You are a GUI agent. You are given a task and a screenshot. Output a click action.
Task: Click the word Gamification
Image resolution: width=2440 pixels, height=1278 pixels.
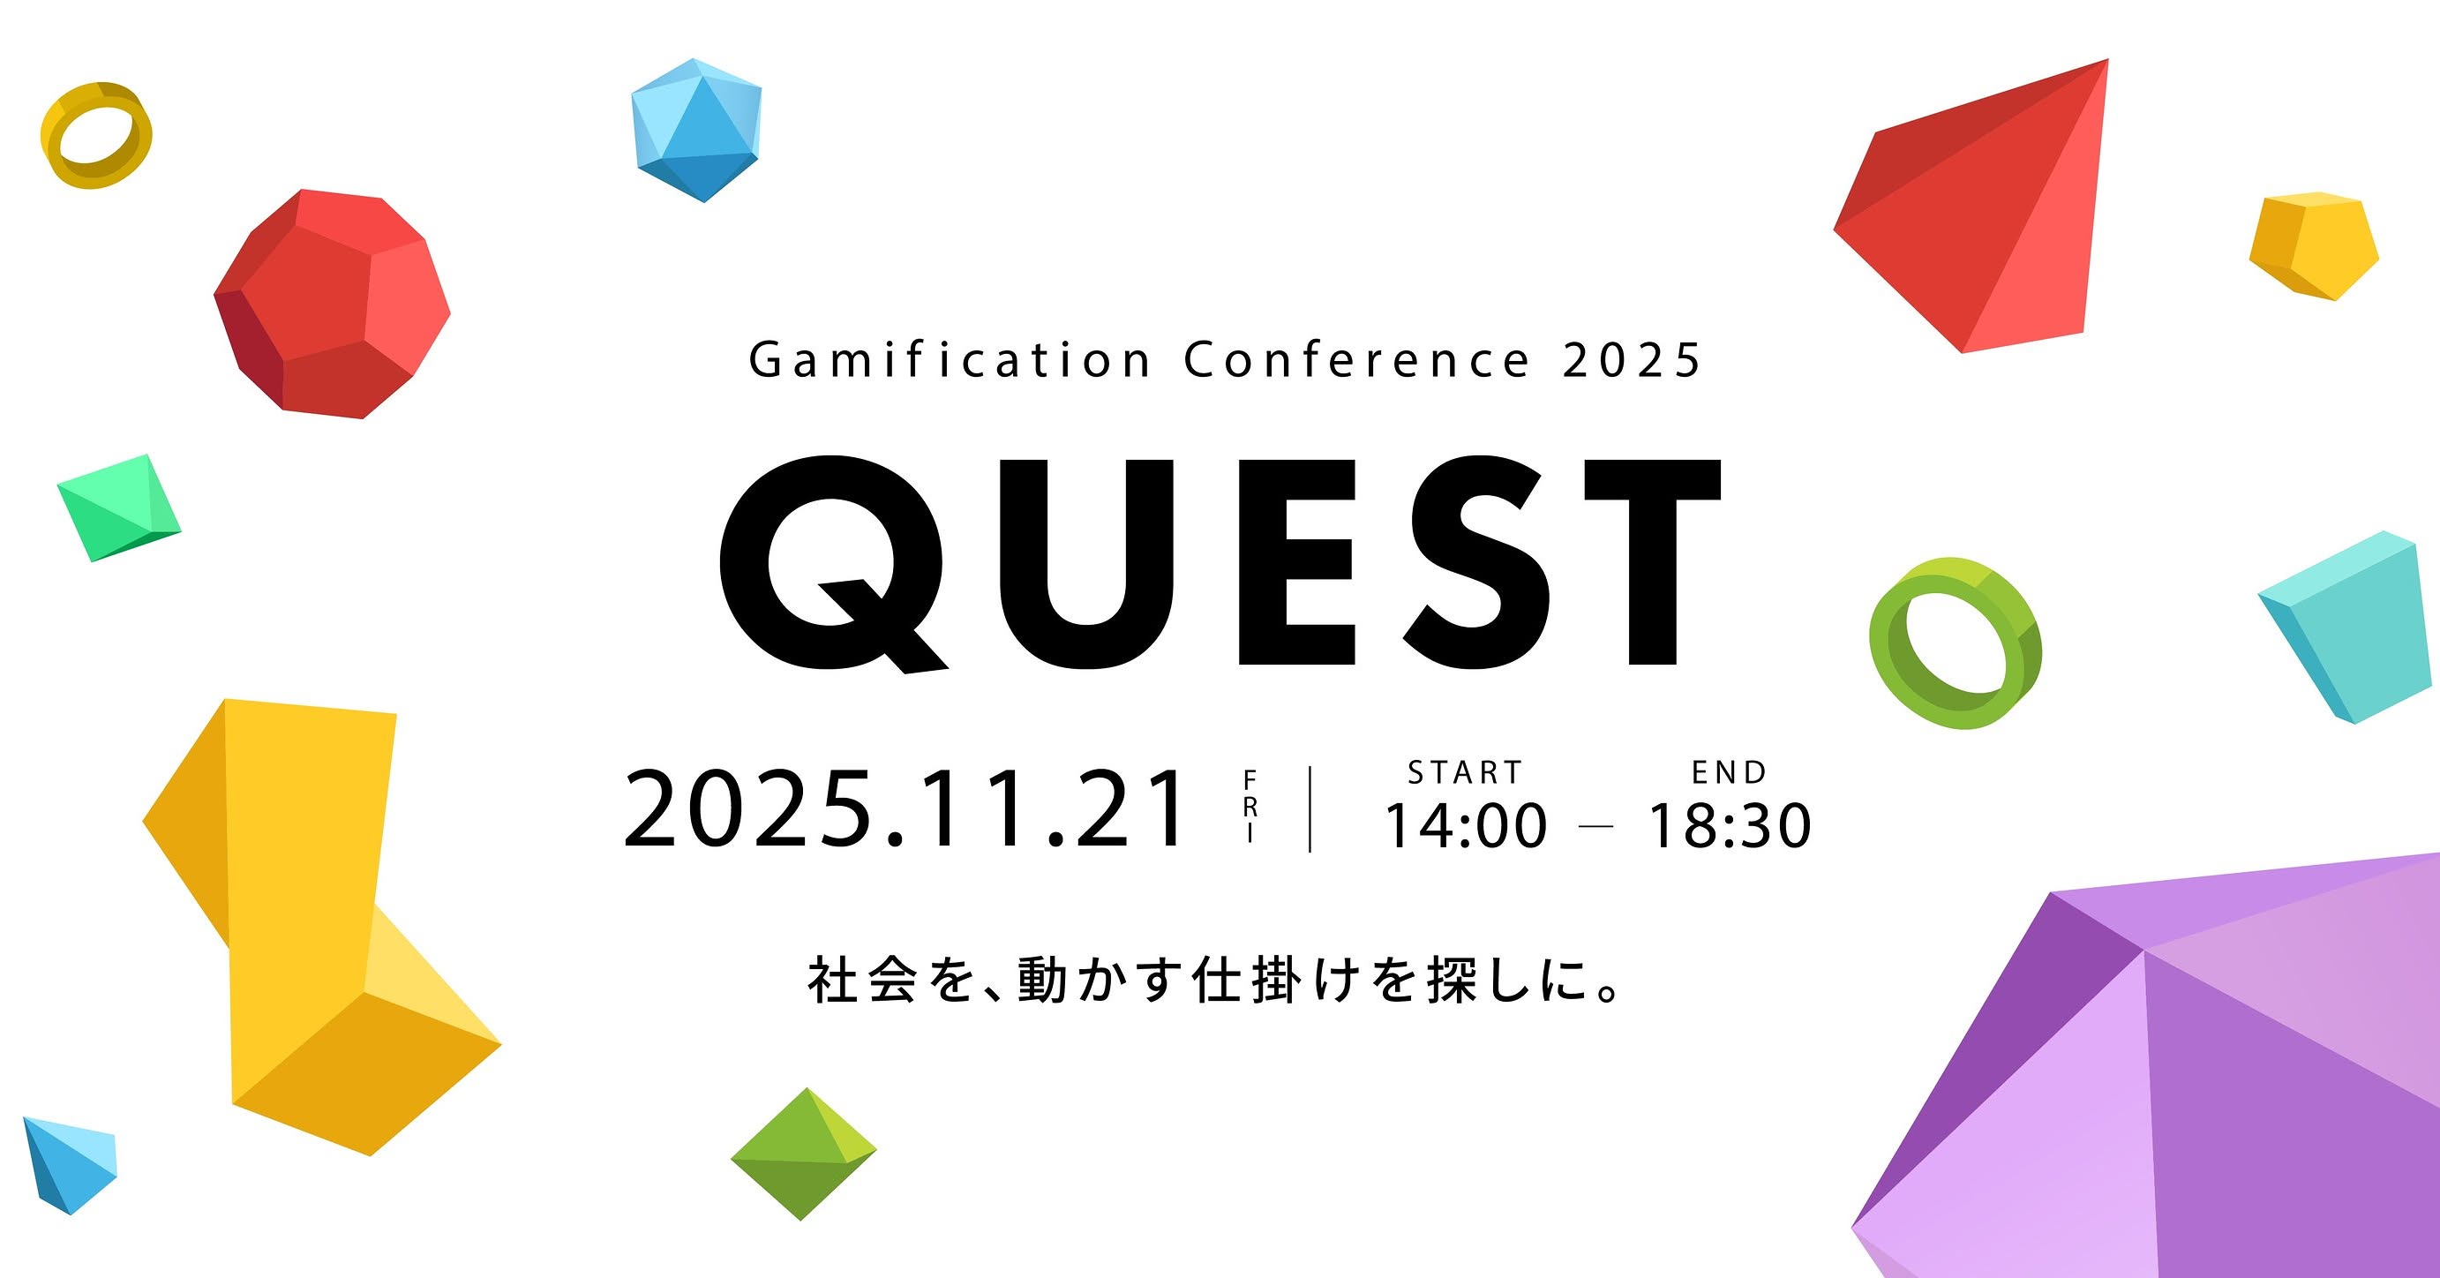coord(950,360)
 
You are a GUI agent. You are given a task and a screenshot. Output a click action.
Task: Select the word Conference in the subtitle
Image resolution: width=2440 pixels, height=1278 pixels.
coord(1356,360)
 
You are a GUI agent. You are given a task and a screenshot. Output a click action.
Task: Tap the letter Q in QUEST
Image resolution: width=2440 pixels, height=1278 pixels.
coord(834,566)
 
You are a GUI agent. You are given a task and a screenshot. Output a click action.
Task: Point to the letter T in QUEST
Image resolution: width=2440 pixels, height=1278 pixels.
coord(1653,560)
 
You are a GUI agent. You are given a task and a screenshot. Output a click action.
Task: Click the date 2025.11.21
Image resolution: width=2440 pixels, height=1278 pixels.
coord(905,809)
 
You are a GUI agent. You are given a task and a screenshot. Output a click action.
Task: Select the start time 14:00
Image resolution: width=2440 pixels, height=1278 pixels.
coord(1466,825)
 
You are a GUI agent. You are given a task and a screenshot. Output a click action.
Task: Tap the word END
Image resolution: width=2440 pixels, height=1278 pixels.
coord(1730,773)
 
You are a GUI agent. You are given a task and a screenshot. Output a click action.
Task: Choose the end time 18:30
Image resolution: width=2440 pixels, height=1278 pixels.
coord(1731,825)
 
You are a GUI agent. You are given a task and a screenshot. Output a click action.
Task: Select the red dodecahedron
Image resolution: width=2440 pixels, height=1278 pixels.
coord(332,303)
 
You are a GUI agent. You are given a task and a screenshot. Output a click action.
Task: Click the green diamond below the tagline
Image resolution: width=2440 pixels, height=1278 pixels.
coord(804,1154)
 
